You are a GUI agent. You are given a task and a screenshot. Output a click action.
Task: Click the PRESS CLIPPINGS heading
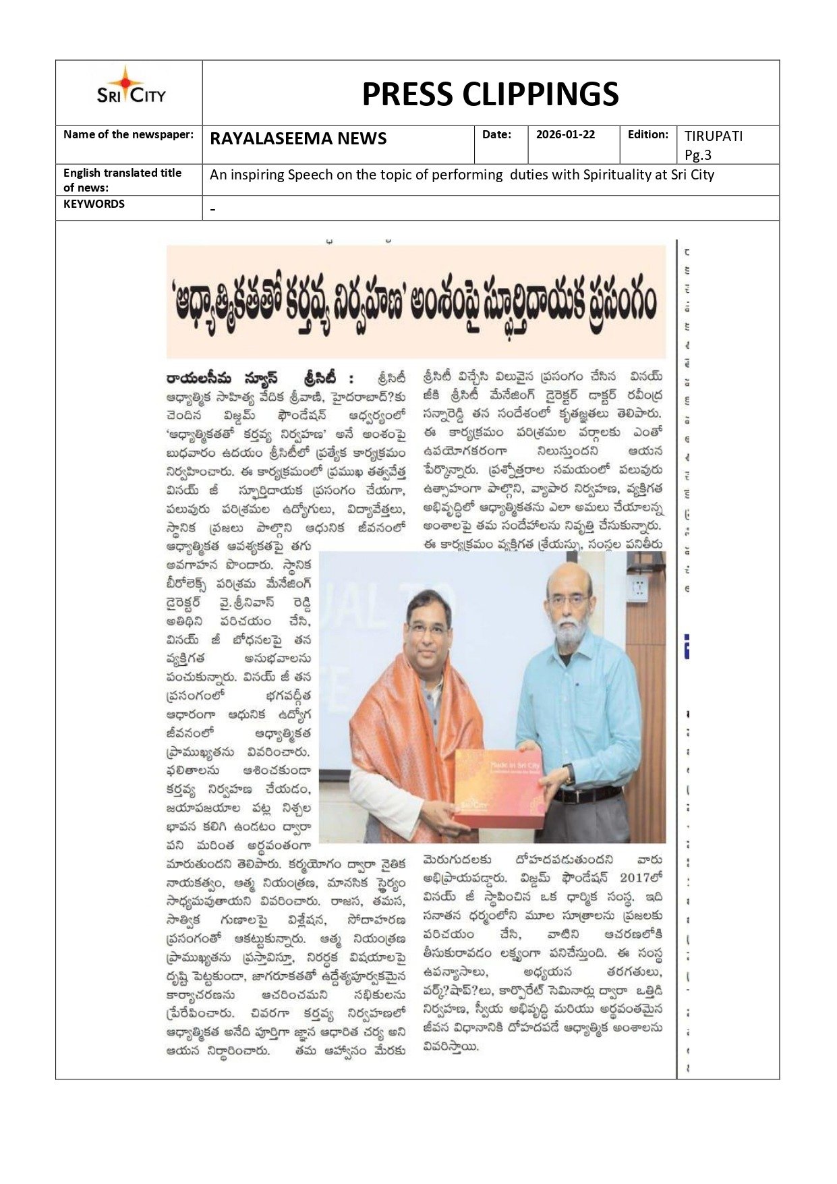[x=490, y=94]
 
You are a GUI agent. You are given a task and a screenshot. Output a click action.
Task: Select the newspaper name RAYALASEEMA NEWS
[x=298, y=139]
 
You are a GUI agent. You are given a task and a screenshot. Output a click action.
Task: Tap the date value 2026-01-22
[x=565, y=134]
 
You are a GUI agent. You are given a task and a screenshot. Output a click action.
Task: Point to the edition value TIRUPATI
[x=714, y=136]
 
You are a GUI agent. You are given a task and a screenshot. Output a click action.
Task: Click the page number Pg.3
[x=698, y=155]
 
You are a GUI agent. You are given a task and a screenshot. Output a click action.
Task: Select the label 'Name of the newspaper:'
[x=128, y=134]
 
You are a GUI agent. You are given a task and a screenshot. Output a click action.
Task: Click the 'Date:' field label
[x=496, y=134]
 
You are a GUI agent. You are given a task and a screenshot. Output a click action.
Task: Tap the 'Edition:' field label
[x=647, y=134]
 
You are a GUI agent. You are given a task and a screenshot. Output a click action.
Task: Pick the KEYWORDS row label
[x=94, y=204]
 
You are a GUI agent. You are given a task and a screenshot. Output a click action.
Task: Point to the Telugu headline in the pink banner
[x=415, y=302]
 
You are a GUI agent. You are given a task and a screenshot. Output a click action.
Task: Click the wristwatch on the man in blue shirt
[x=570, y=774]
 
